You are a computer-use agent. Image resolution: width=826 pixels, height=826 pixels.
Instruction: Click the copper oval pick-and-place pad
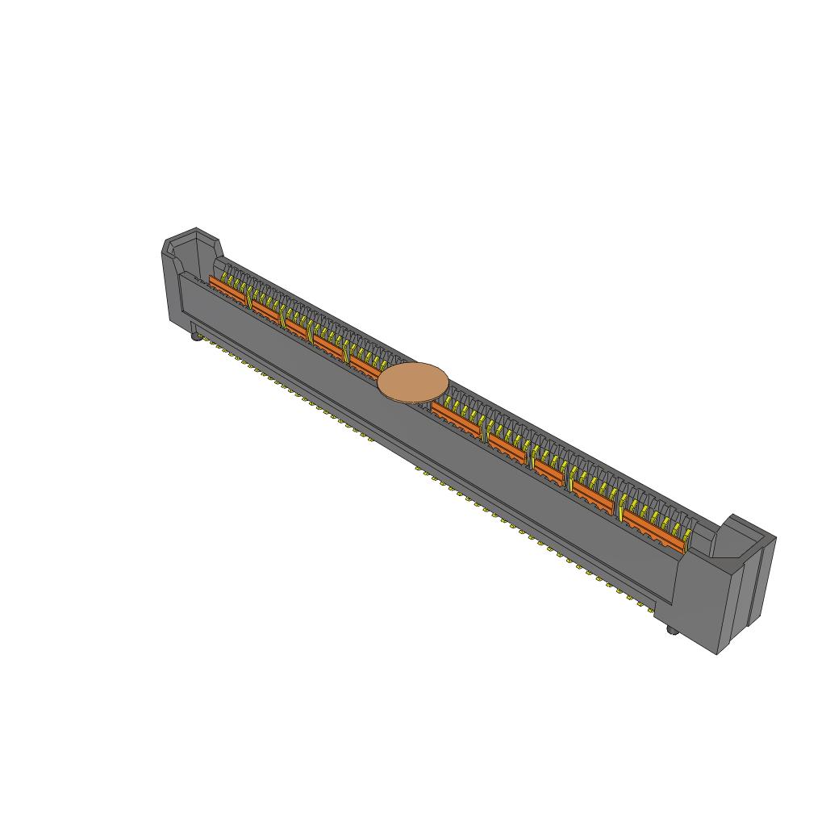pos(412,382)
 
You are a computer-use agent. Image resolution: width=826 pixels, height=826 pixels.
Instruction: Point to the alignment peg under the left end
pos(195,337)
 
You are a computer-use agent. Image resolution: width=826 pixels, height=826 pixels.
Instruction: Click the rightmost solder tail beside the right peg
pos(655,611)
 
